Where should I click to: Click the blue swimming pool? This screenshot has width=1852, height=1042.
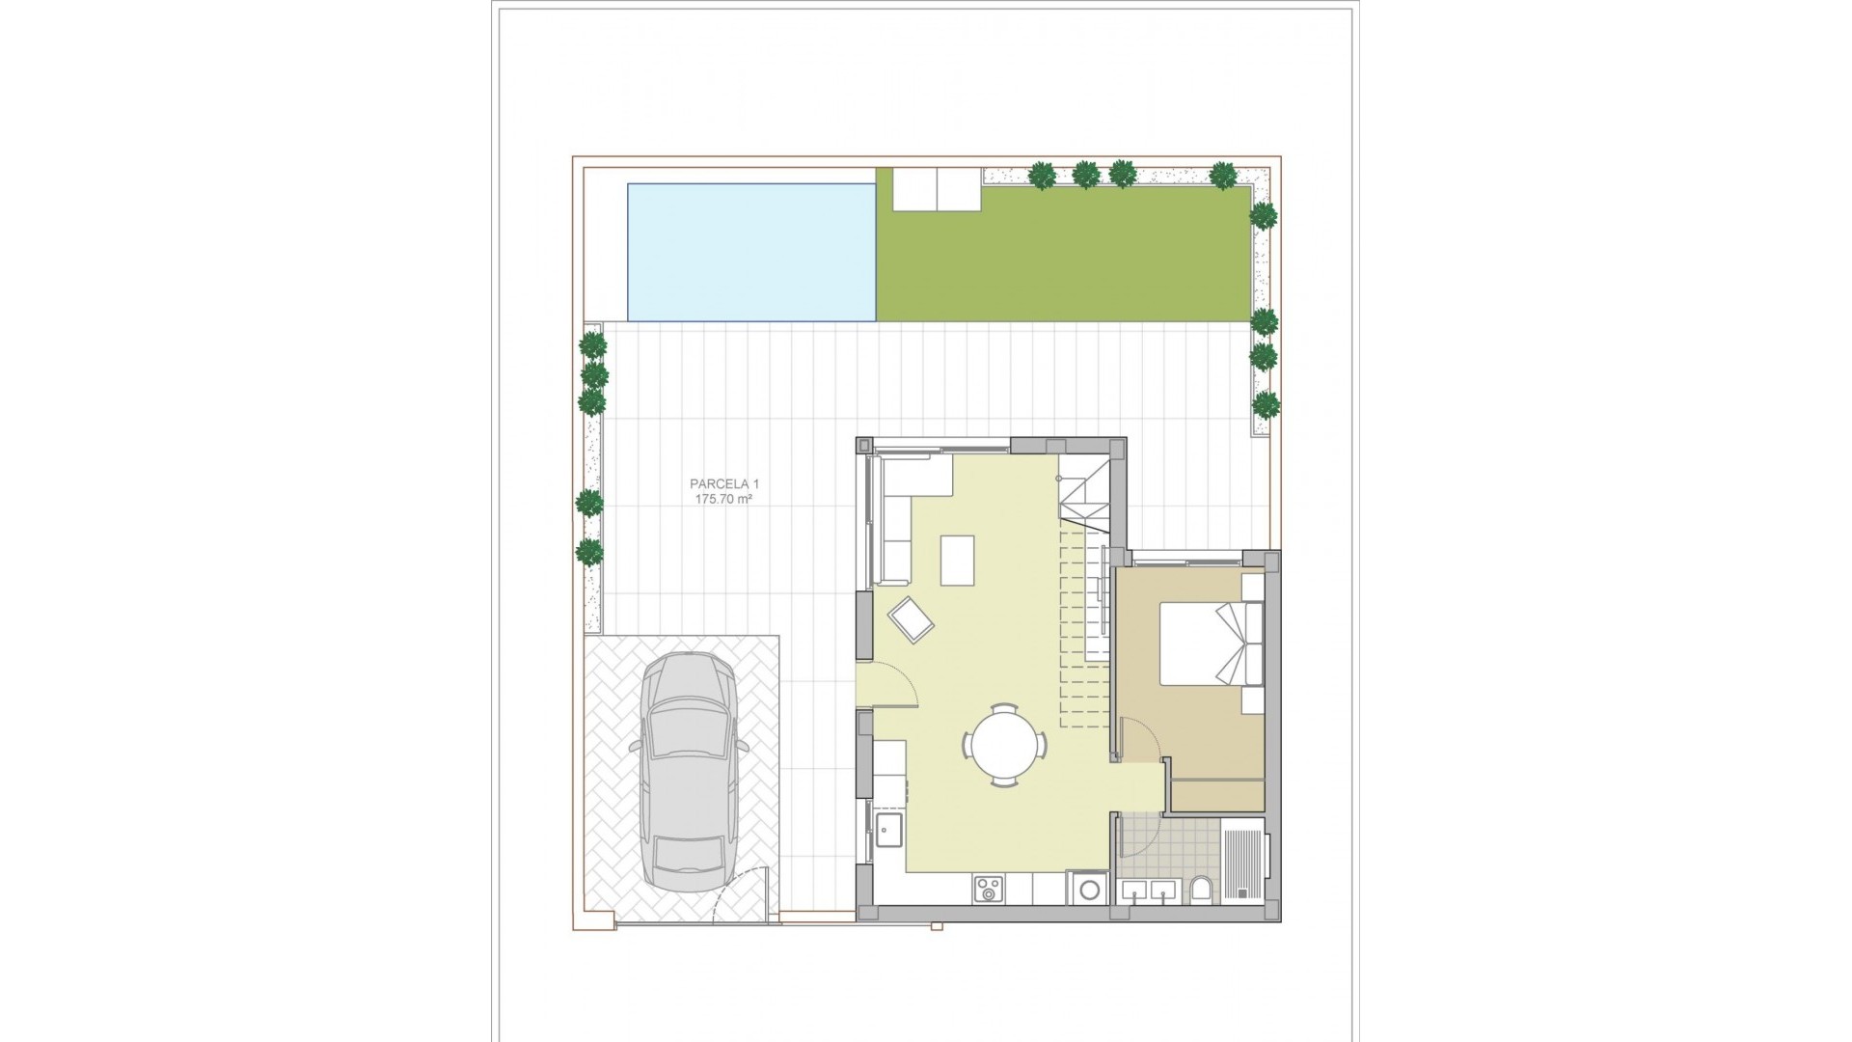click(750, 252)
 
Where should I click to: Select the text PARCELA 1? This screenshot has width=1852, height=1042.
click(717, 483)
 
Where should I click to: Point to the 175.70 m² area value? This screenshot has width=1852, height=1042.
click(722, 500)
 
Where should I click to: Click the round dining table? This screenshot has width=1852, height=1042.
click(1003, 745)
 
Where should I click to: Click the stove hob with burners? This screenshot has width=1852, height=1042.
click(988, 889)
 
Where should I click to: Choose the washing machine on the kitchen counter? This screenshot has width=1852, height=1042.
click(1088, 888)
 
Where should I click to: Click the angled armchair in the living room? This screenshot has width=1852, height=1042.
click(912, 619)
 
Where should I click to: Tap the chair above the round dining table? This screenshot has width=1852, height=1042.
click(1004, 708)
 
